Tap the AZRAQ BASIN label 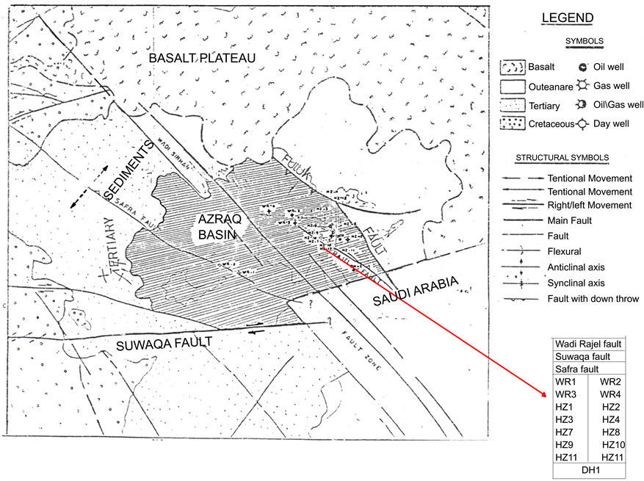pyautogui.click(x=220, y=227)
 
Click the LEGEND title pyautogui.click(x=567, y=18)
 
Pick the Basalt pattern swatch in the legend pyautogui.click(x=513, y=68)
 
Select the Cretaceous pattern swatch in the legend pyautogui.click(x=513, y=123)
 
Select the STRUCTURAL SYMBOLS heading pyautogui.click(x=562, y=158)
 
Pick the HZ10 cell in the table pyautogui.click(x=613, y=445)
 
